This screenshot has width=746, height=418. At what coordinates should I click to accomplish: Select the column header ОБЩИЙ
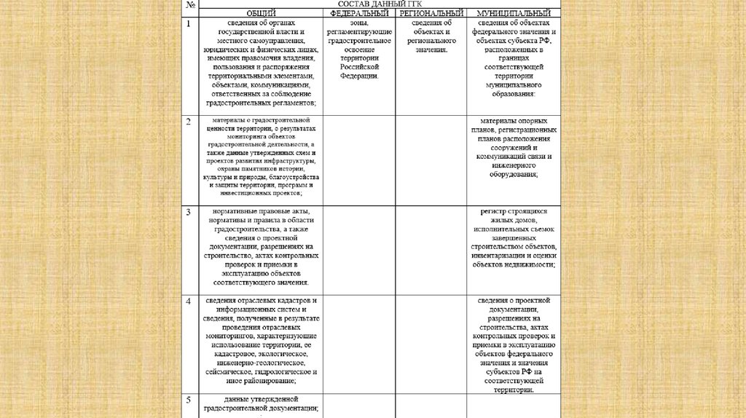pyautogui.click(x=261, y=14)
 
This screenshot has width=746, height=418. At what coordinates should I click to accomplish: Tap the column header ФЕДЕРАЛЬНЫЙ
pyautogui.click(x=359, y=14)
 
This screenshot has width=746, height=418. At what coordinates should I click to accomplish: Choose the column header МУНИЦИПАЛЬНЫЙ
pyautogui.click(x=514, y=14)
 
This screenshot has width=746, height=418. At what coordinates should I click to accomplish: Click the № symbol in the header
pyautogui.click(x=190, y=5)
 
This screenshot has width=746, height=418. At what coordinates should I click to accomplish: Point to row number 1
pyautogui.click(x=188, y=24)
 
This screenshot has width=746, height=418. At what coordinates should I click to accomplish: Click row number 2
pyautogui.click(x=188, y=121)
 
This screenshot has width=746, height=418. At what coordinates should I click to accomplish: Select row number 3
pyautogui.click(x=188, y=212)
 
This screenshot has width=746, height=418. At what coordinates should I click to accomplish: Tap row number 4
pyautogui.click(x=188, y=301)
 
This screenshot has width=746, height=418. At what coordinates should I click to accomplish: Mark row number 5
pyautogui.click(x=188, y=400)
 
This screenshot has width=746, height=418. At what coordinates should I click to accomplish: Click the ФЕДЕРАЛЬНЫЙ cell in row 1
pyautogui.click(x=358, y=50)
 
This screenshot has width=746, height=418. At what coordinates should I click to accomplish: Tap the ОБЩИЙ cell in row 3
pyautogui.click(x=261, y=247)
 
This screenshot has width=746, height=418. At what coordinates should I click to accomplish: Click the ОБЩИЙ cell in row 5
pyautogui.click(x=261, y=404)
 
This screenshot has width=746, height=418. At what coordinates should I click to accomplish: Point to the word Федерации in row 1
pyautogui.click(x=358, y=75)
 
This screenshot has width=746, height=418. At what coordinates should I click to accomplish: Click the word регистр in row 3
pyautogui.click(x=492, y=212)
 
